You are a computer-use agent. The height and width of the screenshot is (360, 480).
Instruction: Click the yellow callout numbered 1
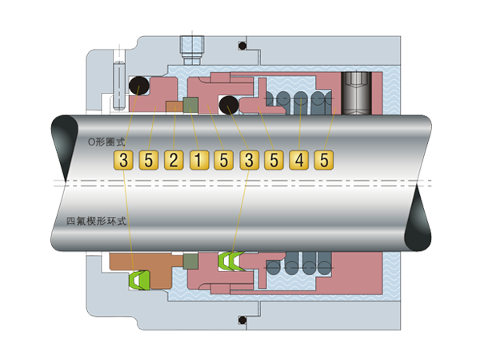[198, 160]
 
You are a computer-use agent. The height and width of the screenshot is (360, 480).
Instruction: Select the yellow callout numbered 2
[174, 160]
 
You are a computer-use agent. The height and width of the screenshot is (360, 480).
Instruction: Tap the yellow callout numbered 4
[299, 160]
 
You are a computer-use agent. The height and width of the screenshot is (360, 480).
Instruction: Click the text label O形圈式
[107, 142]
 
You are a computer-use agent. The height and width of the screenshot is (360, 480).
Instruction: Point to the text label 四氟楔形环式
[97, 221]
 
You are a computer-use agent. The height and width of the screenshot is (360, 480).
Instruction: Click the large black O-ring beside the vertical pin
[139, 86]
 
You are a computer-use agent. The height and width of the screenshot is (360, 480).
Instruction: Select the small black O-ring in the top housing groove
[242, 46]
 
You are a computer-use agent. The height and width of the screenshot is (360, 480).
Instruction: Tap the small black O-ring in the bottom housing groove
[242, 320]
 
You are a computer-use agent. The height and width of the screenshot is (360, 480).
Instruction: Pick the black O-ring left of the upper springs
[229, 105]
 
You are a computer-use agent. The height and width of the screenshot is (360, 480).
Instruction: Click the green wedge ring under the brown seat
[139, 280]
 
